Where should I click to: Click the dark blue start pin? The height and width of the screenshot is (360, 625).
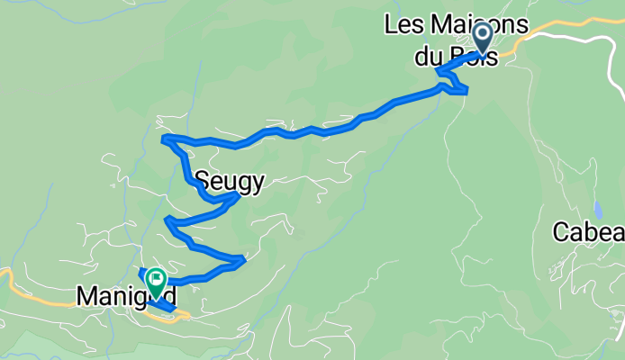coord(482,39)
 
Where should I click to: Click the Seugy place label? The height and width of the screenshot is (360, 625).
coord(231,183)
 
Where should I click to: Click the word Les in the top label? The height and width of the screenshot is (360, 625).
coord(402,24)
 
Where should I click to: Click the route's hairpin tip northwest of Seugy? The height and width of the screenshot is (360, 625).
coord(164,139)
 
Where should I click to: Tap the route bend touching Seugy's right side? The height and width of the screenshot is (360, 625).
coord(236,194)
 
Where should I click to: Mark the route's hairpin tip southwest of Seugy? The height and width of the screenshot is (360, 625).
coord(167,219)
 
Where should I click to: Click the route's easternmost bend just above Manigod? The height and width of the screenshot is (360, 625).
coord(242,261)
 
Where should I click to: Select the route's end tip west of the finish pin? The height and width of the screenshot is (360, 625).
coord(140,271)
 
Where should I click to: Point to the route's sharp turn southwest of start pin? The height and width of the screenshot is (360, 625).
coord(437,71)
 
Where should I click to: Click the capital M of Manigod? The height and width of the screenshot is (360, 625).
coord(87,294)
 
